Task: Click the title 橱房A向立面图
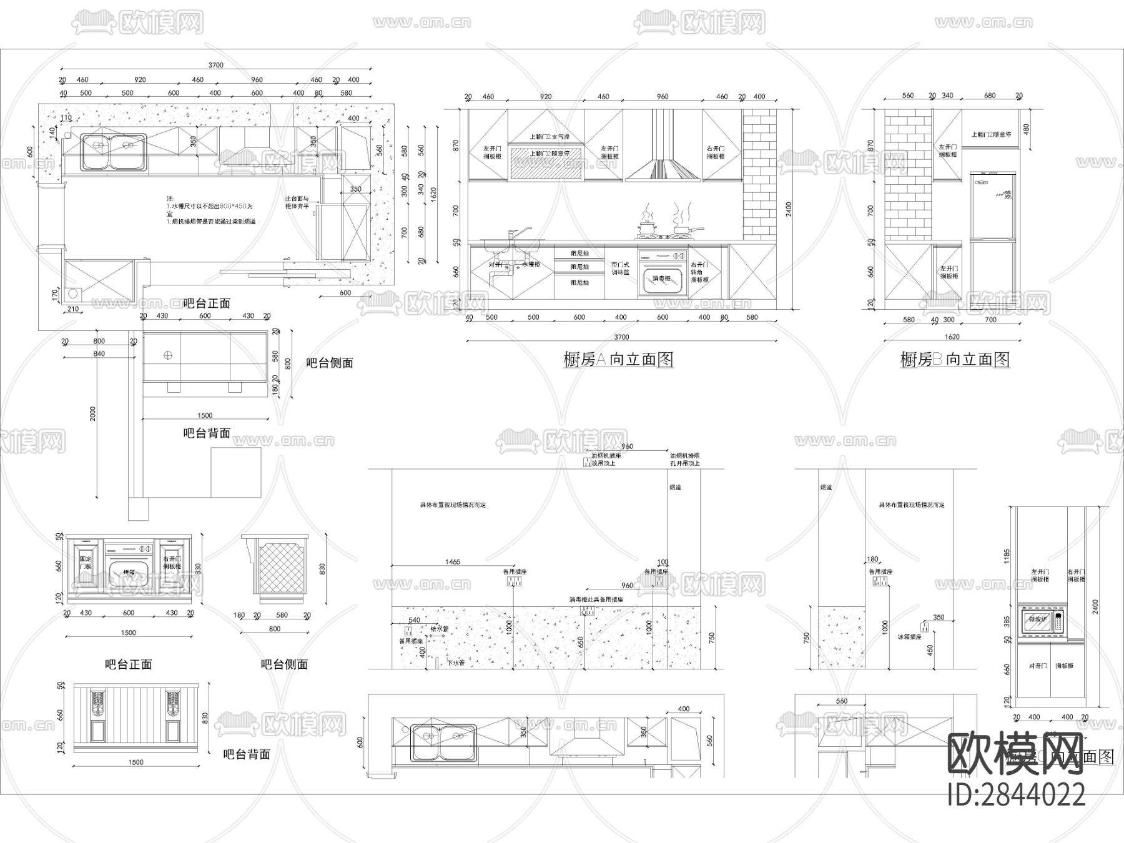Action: (x=618, y=360)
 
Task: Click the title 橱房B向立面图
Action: (x=955, y=360)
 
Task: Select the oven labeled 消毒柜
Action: (x=662, y=273)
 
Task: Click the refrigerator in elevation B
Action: (x=993, y=240)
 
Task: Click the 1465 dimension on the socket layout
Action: (x=452, y=562)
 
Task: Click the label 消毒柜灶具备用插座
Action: (x=596, y=599)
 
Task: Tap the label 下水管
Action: (x=455, y=663)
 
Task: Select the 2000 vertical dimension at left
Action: (x=93, y=414)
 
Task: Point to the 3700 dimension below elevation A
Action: (x=621, y=337)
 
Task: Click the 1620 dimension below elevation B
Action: (x=952, y=337)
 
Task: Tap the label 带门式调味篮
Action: (x=619, y=269)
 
